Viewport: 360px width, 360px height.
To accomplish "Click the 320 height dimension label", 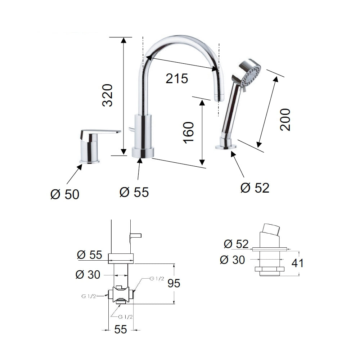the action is pos(108,95).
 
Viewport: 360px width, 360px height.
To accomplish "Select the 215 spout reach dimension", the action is pos(177,78).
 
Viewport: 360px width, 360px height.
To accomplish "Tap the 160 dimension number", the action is pos(189,133).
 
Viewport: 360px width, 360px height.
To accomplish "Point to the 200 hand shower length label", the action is pos(285,120).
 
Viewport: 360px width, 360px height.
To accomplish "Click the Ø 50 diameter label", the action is pos(65,194).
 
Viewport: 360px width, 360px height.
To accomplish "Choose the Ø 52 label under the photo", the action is pos(255,188).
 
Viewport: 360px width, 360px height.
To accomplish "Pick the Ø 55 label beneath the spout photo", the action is pos(134,192).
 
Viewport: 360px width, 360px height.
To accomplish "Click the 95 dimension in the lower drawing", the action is pos(174,283).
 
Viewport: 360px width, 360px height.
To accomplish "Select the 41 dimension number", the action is pos(298,263).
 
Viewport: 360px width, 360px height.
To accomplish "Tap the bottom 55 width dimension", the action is pos(121,329).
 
